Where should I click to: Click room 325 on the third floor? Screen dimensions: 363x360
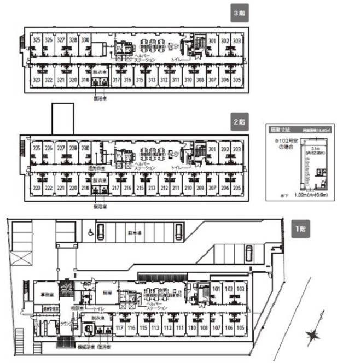(37, 40)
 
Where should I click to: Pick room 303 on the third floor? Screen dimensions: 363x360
(237, 41)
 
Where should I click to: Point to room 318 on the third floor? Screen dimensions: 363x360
(85, 80)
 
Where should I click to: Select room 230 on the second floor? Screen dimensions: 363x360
(85, 148)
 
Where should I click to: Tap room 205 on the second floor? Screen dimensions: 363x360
(237, 188)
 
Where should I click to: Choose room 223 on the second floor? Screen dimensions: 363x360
(37, 188)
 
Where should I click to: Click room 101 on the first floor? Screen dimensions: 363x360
(216, 289)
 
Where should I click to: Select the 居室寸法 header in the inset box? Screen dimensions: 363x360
(280, 130)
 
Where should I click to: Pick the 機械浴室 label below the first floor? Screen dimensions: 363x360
(85, 347)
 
